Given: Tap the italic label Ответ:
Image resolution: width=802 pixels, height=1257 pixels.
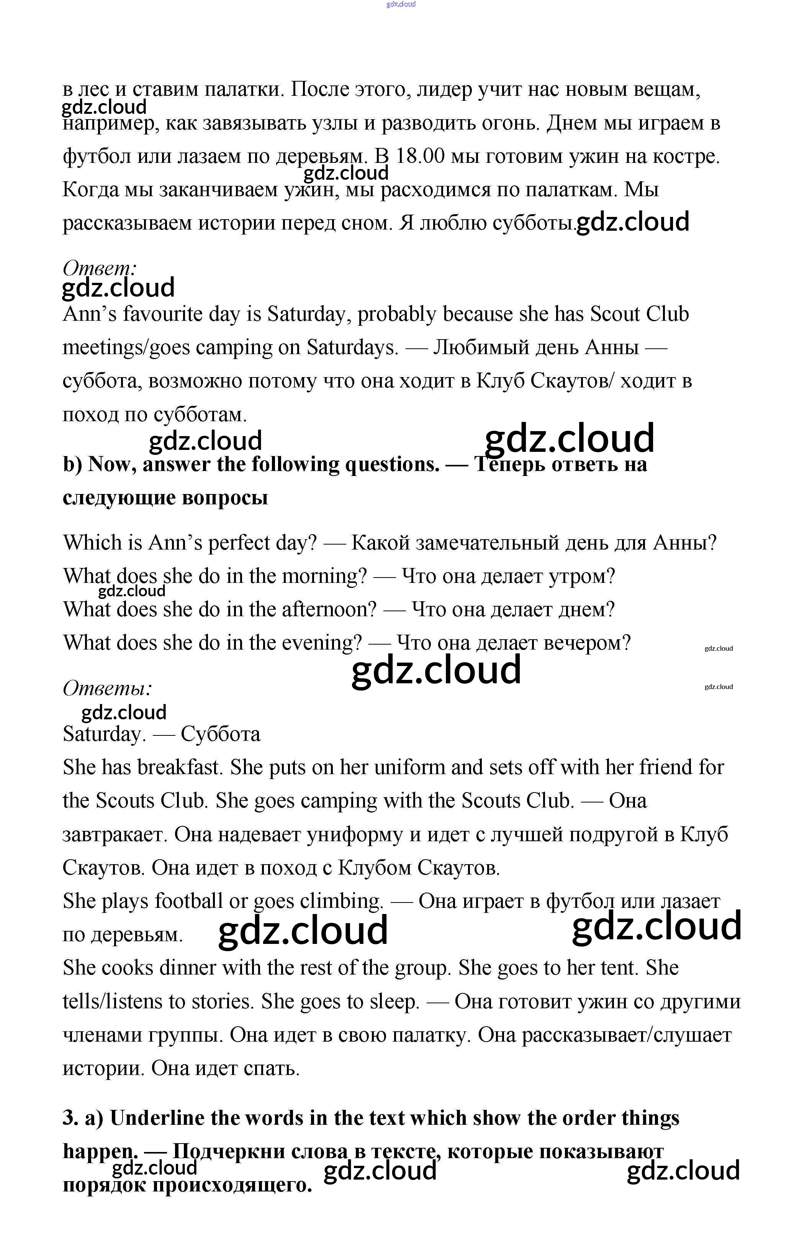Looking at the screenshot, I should pyautogui.click(x=100, y=268).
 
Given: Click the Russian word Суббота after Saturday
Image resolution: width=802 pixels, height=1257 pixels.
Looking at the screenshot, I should pyautogui.click(x=220, y=735).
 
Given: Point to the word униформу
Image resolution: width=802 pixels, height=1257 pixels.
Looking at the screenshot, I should pyautogui.click(x=354, y=835).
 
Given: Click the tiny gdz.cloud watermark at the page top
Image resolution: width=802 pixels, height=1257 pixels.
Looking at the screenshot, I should pyautogui.click(x=401, y=5).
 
